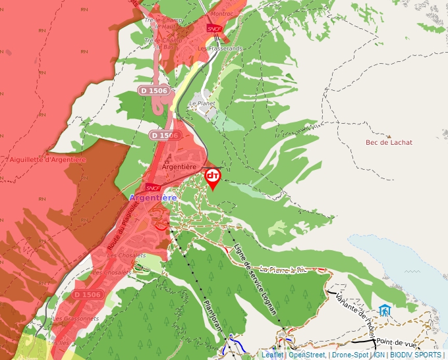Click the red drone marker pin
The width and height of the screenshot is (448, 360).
tap(213, 178)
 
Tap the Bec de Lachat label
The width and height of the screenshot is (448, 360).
tap(389, 142)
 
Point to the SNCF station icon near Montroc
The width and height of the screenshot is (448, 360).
tap(214, 28)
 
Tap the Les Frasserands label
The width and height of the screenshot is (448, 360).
tap(219, 48)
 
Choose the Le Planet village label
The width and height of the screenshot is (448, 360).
tap(202, 103)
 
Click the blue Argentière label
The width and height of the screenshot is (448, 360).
tap(153, 197)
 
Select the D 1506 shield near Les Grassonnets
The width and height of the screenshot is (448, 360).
tap(88, 294)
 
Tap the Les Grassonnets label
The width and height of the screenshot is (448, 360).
tap(76, 319)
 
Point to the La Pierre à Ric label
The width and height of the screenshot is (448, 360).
tap(283, 269)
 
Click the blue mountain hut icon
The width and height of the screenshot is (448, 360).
tap(384, 309)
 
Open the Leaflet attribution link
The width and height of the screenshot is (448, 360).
tap(272, 355)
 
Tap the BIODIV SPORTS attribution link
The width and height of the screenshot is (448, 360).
tap(416, 355)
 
